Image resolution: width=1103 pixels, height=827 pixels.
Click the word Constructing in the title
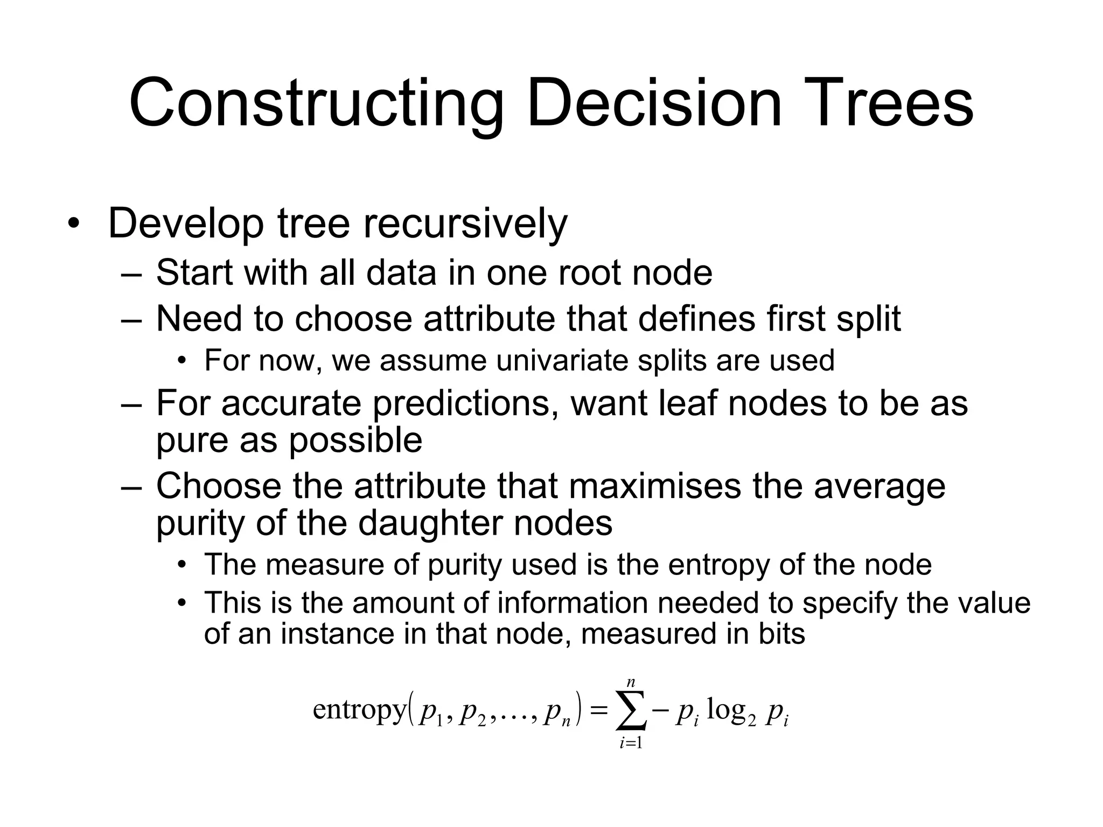316,103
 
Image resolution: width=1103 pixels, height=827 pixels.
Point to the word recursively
465,223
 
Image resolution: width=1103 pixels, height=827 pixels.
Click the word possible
355,440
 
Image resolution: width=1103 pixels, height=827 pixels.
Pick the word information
572,602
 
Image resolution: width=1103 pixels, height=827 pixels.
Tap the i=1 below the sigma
631,744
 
